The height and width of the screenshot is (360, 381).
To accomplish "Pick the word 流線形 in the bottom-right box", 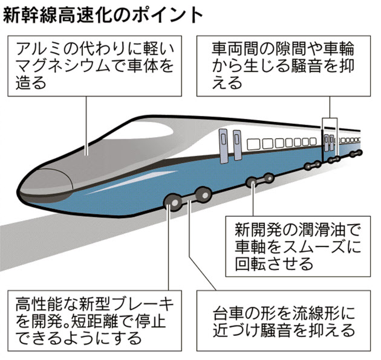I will click(320, 314).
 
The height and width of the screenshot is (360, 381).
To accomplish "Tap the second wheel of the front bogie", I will click(202, 194).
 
